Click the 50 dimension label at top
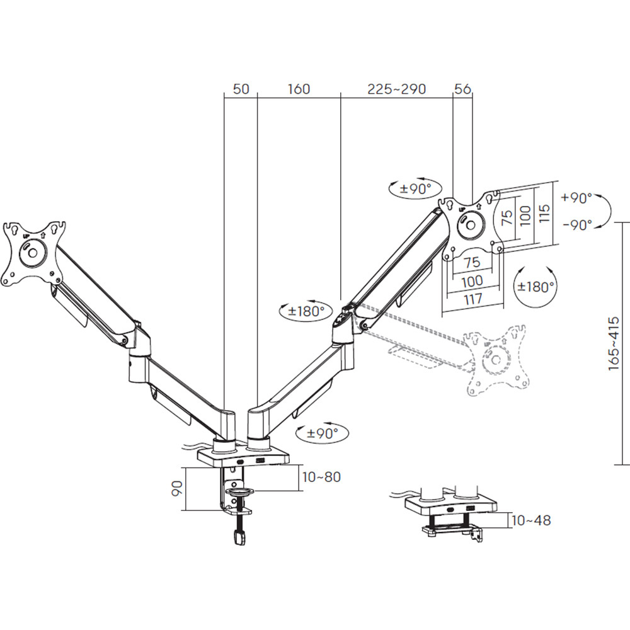point(241,89)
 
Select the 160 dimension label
point(299,89)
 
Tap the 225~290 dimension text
point(396,89)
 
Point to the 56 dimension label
point(462,89)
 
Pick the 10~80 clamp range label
point(321,477)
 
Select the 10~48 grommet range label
point(531,521)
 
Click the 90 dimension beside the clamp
point(177,489)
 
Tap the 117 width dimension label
point(472,299)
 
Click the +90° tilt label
point(577,198)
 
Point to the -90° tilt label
point(578,225)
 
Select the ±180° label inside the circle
point(535,287)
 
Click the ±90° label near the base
point(322,433)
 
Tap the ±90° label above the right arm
point(415,188)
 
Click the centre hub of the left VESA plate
point(33,253)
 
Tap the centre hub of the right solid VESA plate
point(470,224)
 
